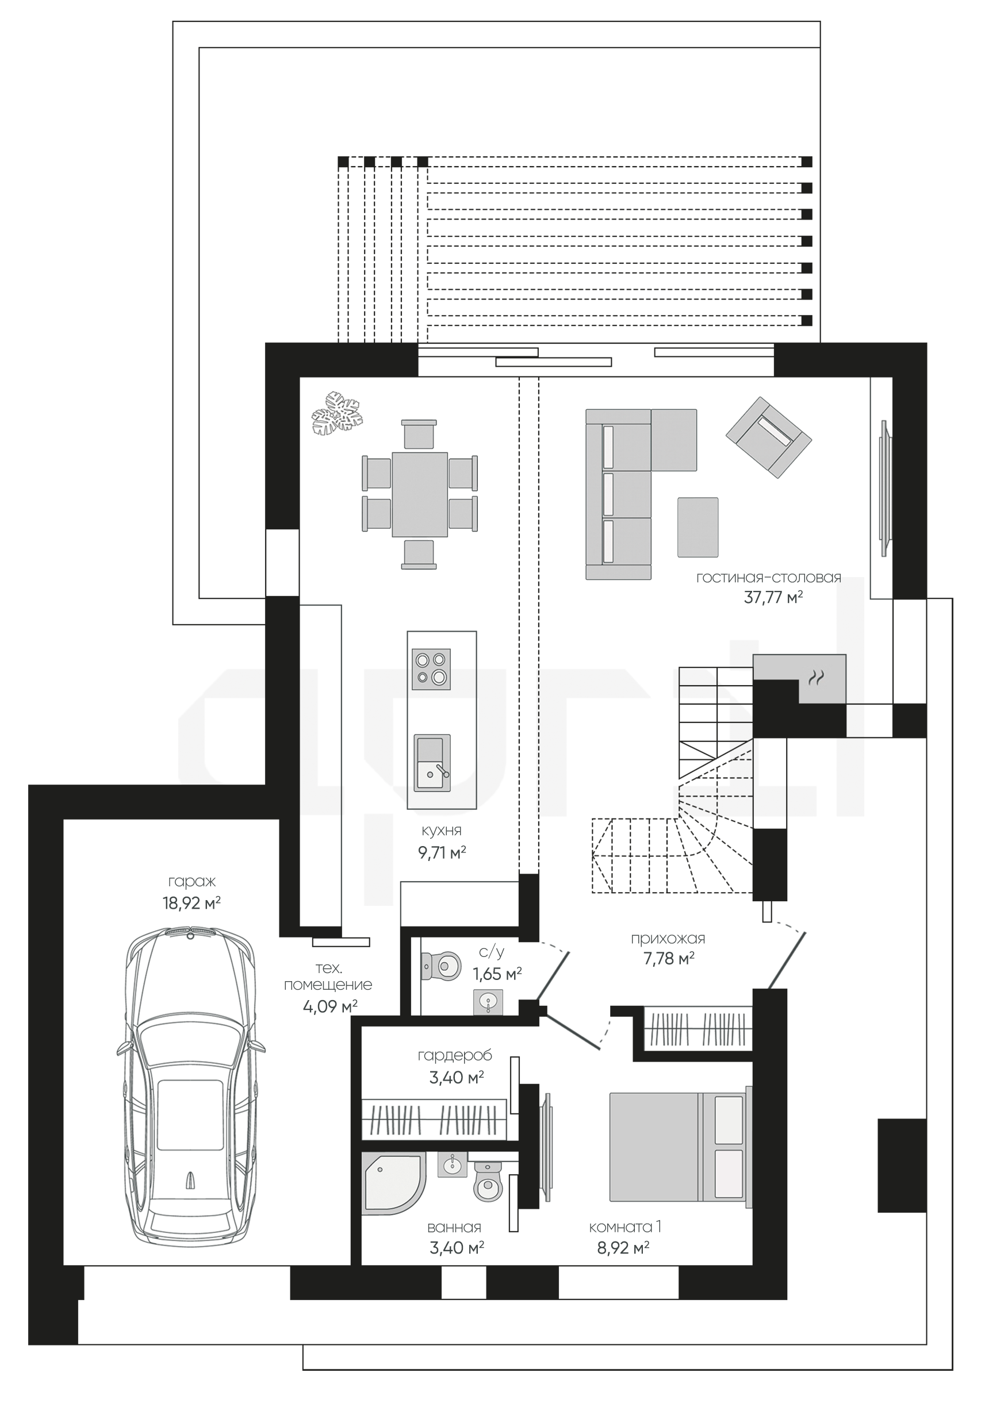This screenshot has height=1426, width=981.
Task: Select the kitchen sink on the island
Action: (x=431, y=763)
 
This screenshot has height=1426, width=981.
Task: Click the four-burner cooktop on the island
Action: (x=431, y=669)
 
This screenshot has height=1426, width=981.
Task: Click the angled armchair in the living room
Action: (x=768, y=437)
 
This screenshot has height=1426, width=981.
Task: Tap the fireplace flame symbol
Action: (x=815, y=678)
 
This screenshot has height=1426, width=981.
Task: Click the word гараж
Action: (x=192, y=882)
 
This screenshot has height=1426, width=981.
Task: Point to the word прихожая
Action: (x=668, y=939)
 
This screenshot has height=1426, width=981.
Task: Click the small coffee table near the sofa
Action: (x=698, y=527)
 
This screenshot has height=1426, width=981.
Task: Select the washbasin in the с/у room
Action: (x=489, y=1001)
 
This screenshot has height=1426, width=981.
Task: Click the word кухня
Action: (x=441, y=831)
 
